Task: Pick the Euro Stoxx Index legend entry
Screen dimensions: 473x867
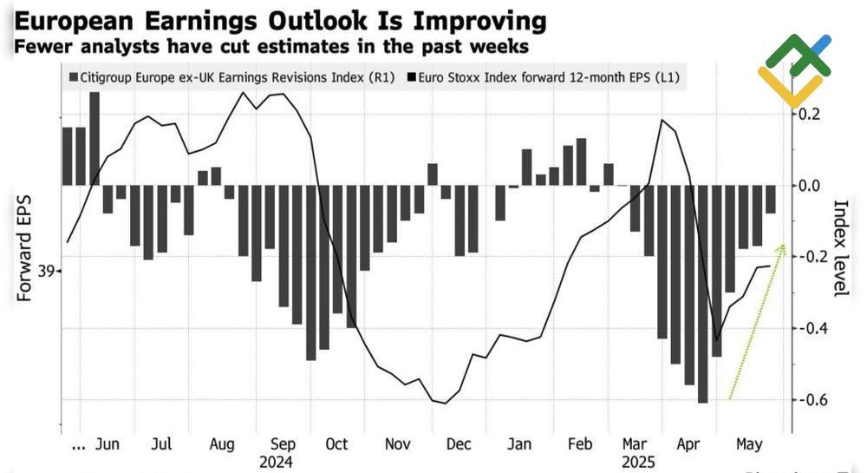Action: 544,77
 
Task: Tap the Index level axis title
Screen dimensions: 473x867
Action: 840,248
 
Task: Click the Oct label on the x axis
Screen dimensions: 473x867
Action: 336,443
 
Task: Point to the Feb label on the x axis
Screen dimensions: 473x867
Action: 579,443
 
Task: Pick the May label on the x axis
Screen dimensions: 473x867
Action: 750,443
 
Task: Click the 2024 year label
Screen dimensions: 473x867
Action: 276,462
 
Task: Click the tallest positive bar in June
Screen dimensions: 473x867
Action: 95,139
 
